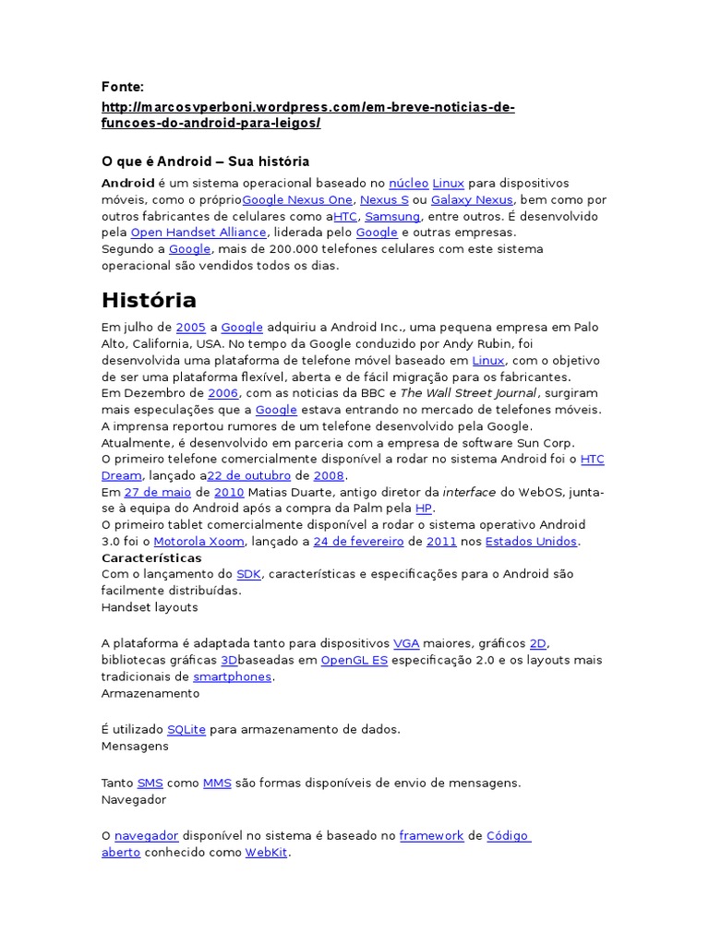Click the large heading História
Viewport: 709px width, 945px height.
pyautogui.click(x=149, y=300)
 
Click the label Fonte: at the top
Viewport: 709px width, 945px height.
pyautogui.click(x=123, y=87)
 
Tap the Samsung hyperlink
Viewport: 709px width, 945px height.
pyautogui.click(x=392, y=216)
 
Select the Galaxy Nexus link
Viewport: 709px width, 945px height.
pyautogui.click(x=472, y=199)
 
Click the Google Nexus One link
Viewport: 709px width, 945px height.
pyautogui.click(x=297, y=199)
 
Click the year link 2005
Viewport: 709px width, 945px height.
pyautogui.click(x=190, y=327)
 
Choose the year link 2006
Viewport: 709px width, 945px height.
pyautogui.click(x=222, y=392)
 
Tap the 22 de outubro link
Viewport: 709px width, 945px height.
pyautogui.click(x=248, y=475)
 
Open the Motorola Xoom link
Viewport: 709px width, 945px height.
pyautogui.click(x=198, y=542)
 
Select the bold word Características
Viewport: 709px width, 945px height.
pyautogui.click(x=151, y=558)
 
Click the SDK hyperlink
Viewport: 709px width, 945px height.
pyautogui.click(x=249, y=574)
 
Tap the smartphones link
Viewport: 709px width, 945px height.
pyautogui.click(x=232, y=676)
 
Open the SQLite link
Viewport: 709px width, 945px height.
pyautogui.click(x=186, y=729)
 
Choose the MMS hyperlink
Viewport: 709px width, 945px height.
pyautogui.click(x=217, y=783)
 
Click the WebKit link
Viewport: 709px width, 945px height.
pyautogui.click(x=267, y=853)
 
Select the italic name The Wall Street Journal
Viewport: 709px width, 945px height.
pyautogui.click(x=468, y=392)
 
